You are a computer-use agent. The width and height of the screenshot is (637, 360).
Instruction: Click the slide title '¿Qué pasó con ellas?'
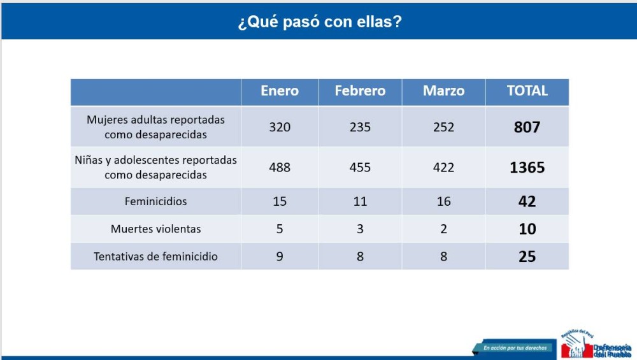tap(320, 22)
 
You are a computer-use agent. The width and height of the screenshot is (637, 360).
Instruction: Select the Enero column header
tap(280, 91)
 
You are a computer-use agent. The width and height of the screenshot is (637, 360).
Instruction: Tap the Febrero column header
tap(360, 91)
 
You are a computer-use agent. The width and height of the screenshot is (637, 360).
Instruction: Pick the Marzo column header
tap(443, 91)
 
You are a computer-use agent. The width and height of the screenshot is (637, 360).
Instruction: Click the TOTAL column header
tap(527, 91)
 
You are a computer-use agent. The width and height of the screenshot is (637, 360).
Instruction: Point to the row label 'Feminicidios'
tap(156, 201)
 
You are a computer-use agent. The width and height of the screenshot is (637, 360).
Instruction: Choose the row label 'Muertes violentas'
tap(156, 229)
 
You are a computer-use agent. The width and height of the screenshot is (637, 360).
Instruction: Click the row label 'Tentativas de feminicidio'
tap(156, 257)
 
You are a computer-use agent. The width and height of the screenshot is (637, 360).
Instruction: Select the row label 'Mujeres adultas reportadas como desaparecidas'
tap(156, 127)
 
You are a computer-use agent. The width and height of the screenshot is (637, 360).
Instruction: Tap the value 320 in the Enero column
tap(280, 127)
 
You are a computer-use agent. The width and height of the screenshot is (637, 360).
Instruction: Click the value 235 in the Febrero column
tap(360, 127)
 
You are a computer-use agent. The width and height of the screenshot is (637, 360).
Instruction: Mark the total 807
tap(527, 127)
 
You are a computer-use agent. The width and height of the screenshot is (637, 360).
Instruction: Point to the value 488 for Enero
tap(280, 168)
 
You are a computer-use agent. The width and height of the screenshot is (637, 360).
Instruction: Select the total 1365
tap(527, 168)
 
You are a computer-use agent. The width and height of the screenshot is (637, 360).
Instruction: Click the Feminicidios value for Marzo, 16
tap(443, 201)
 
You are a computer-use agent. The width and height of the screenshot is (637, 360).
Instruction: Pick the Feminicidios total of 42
tap(527, 201)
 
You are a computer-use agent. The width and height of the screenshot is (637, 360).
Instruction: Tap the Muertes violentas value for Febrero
tap(360, 229)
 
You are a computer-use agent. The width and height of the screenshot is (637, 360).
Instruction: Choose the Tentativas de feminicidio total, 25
tap(527, 257)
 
